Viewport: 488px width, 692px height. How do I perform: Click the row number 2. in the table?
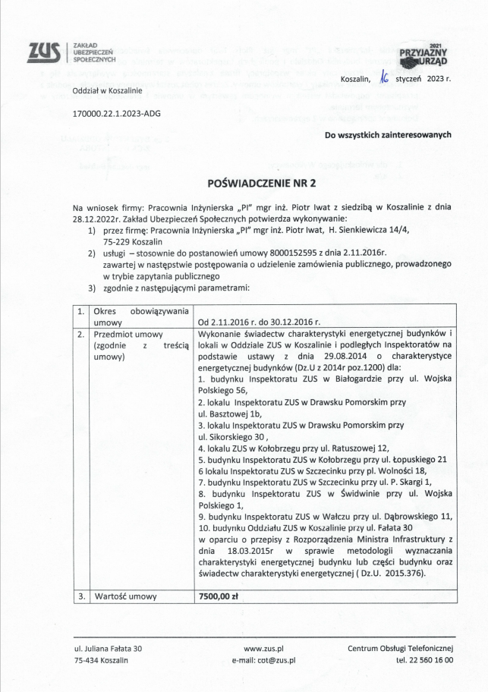tap(81, 334)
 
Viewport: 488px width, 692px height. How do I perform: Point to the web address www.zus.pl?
tap(263, 648)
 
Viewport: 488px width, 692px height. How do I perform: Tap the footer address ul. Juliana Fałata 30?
tap(108, 648)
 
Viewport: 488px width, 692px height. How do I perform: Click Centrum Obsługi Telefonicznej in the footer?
tap(400, 648)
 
